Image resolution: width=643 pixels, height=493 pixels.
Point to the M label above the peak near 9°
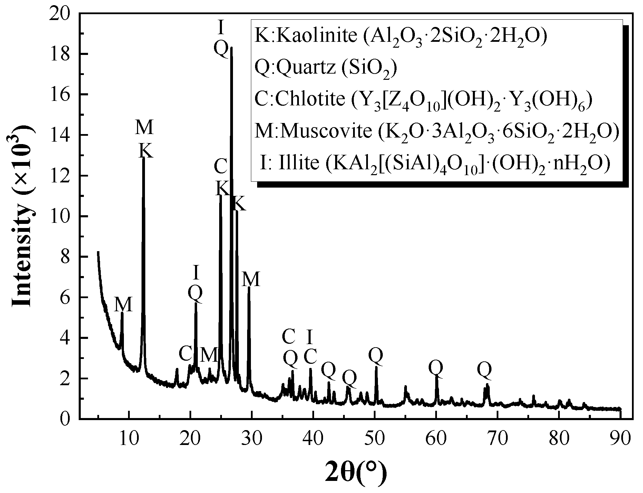pyautogui.click(x=124, y=305)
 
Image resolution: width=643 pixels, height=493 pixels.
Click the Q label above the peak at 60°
pyautogui.click(x=436, y=368)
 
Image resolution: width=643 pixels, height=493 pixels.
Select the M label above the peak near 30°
pyautogui.click(x=251, y=279)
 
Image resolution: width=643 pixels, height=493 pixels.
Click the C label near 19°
pyautogui.click(x=185, y=354)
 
